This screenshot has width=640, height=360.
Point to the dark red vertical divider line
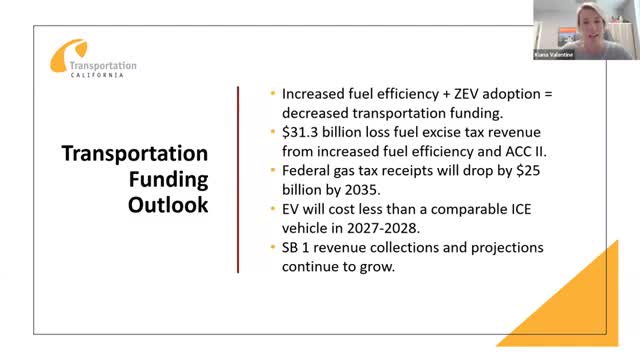[x=238, y=179]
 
